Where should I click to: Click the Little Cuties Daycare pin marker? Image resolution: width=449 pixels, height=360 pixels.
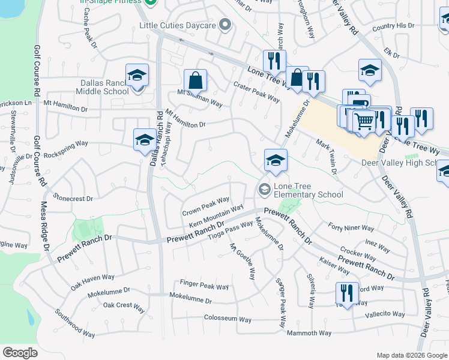(225, 25)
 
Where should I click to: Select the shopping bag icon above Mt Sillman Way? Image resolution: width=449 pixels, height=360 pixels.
(196, 80)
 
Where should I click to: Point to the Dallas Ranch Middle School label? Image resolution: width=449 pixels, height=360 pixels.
(103, 87)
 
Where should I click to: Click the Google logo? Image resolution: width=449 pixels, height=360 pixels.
(20, 353)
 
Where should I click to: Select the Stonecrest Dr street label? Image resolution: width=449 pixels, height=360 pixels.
(73, 197)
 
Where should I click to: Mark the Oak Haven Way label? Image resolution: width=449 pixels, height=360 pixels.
(92, 278)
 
